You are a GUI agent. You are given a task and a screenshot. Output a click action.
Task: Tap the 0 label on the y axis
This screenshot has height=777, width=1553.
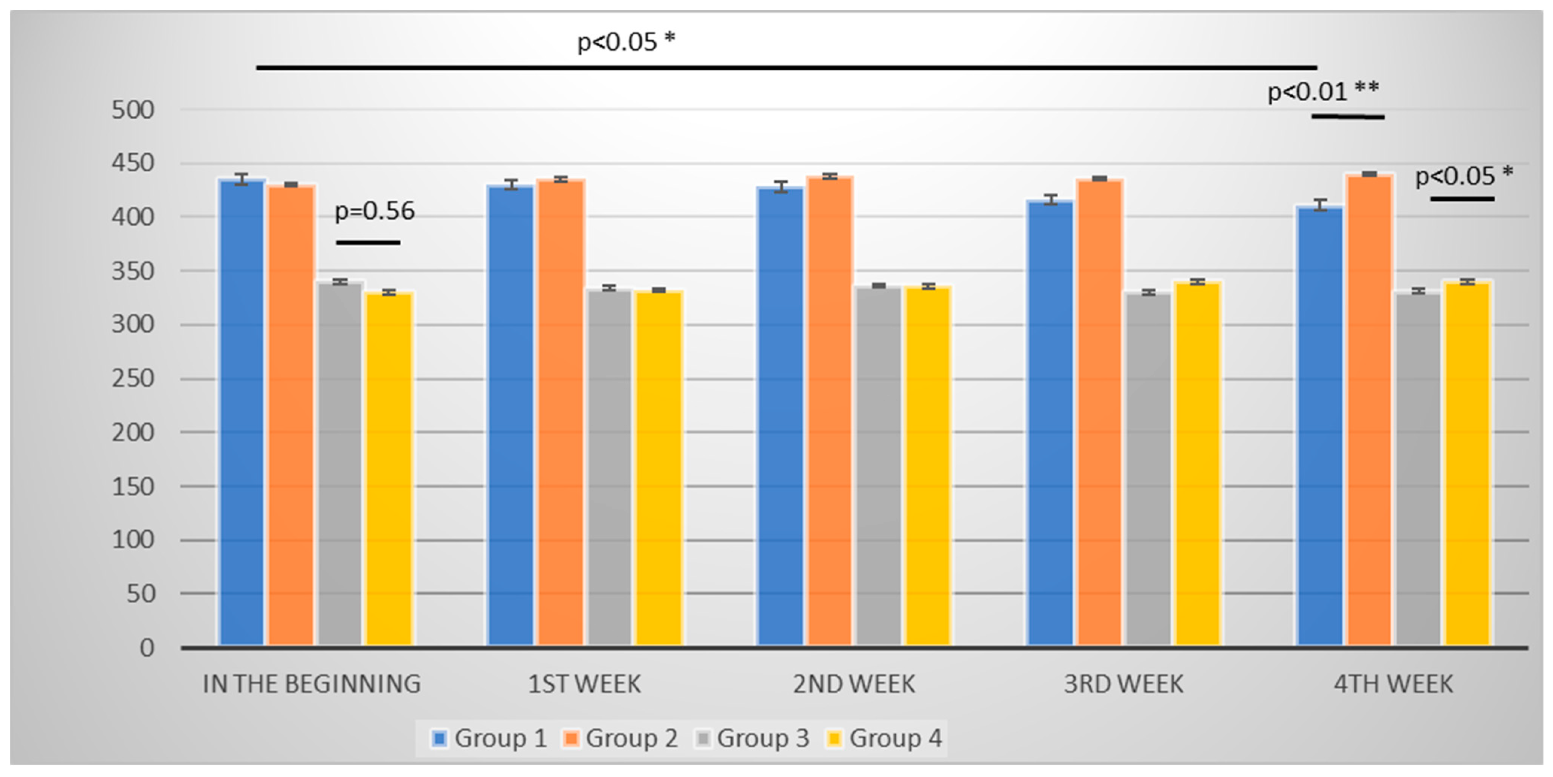pos(147,648)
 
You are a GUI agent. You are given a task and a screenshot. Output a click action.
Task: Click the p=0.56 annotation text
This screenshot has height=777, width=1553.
pos(374,211)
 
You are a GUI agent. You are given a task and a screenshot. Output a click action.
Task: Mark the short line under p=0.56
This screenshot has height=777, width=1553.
pos(368,242)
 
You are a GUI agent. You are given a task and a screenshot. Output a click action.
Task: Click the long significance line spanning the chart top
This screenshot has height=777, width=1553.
pos(784,67)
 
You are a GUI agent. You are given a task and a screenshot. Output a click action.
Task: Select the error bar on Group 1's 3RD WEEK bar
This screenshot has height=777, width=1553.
pos(1050,200)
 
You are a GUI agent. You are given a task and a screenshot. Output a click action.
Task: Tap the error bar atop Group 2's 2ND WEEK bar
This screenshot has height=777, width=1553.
pos(830,177)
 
